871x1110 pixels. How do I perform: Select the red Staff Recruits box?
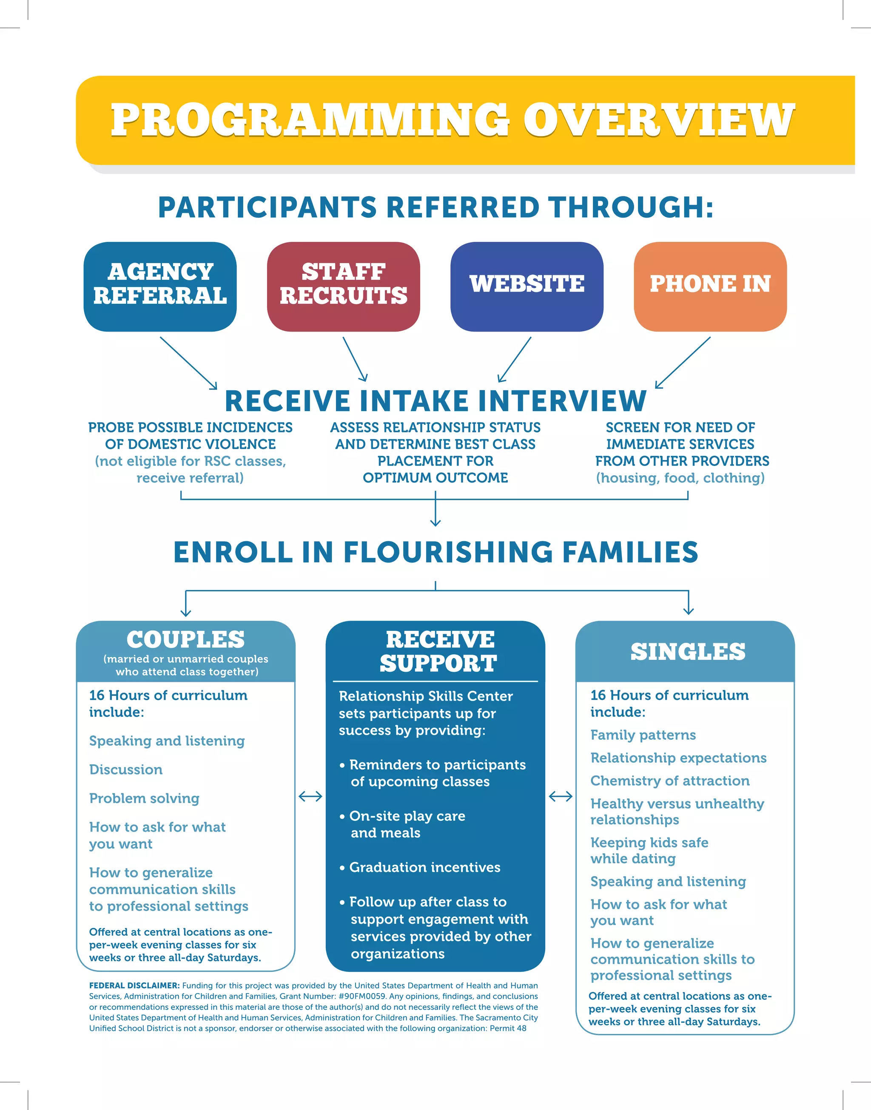point(343,287)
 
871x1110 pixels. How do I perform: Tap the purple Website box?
point(527,287)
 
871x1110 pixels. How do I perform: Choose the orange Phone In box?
point(710,287)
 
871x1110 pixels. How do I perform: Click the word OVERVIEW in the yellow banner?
point(658,120)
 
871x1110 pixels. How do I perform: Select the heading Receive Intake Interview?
point(435,400)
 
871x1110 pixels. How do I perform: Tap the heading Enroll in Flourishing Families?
point(435,552)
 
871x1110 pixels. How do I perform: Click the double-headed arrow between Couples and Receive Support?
point(310,796)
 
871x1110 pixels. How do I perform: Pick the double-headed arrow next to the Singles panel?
point(561,796)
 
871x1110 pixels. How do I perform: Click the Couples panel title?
point(185,640)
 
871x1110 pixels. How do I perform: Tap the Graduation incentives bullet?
point(424,867)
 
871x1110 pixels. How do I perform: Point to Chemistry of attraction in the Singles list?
point(669,781)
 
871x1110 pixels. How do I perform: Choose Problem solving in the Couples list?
point(144,798)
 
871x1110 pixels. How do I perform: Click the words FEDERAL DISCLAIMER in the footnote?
point(134,985)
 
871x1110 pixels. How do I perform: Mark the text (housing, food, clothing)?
point(680,478)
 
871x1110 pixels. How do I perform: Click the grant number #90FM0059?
point(361,996)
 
